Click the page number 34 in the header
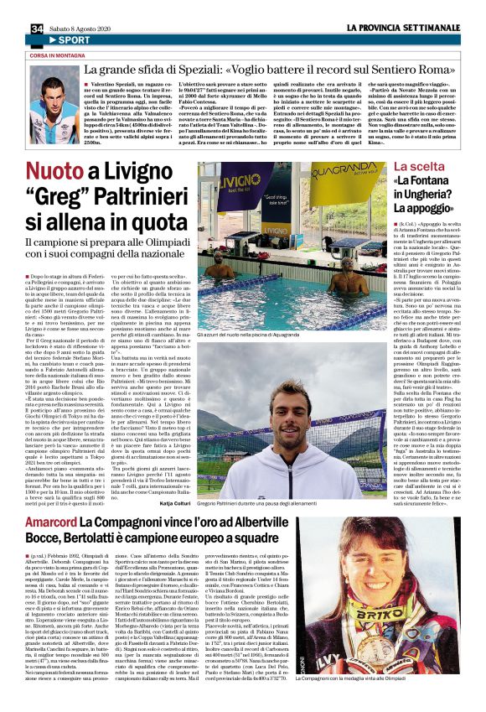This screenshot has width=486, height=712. [37, 28]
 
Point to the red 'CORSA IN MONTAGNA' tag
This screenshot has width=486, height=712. [59, 55]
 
